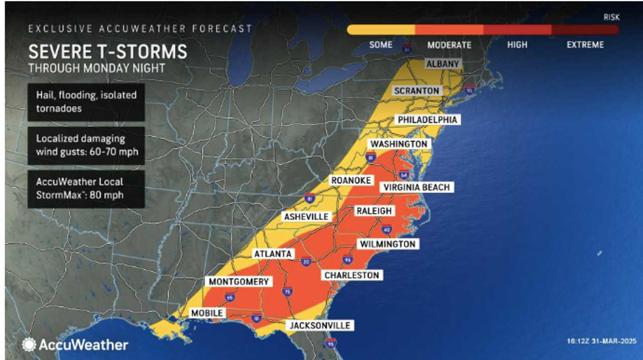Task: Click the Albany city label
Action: click(x=443, y=64)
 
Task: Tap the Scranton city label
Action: click(x=417, y=91)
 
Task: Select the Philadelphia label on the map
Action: click(x=427, y=120)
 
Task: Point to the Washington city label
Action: click(x=399, y=144)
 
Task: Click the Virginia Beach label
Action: click(x=416, y=187)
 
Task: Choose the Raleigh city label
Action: click(x=374, y=211)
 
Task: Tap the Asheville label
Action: click(x=306, y=217)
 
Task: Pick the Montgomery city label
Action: click(x=239, y=282)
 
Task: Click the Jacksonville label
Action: click(x=319, y=325)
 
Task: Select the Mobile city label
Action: click(x=206, y=313)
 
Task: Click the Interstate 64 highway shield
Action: click(x=403, y=175)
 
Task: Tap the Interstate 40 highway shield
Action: click(x=386, y=229)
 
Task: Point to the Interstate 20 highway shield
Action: click(x=306, y=261)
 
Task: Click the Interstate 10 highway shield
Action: click(x=256, y=319)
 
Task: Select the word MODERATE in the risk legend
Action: click(x=449, y=45)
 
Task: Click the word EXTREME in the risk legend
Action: click(x=585, y=45)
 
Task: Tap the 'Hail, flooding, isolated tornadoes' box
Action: click(x=86, y=102)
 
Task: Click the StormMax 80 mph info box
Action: click(x=86, y=188)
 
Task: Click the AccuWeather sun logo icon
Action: click(x=29, y=344)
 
